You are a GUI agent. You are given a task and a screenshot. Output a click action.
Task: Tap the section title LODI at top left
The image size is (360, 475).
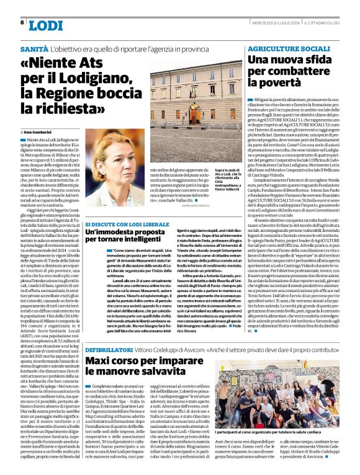tap(46, 25)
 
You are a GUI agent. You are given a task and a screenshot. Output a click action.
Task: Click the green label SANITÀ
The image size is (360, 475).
tap(35, 48)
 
